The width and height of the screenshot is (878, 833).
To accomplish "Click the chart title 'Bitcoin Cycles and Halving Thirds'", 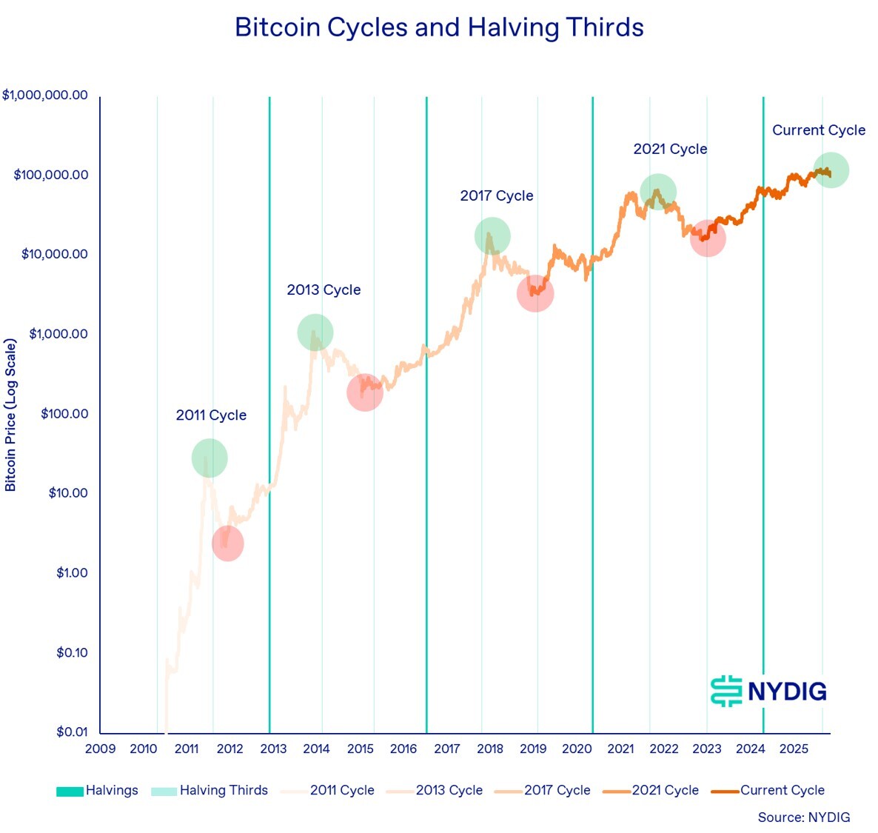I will [439, 28].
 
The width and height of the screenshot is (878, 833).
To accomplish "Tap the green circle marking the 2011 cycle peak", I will [210, 458].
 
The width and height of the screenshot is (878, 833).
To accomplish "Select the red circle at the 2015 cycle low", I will [364, 392].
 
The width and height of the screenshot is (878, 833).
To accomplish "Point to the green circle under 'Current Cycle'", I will [831, 170].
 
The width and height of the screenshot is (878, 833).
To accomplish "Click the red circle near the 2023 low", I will [708, 238].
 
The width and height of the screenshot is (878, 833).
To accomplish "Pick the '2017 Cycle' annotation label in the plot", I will [497, 196].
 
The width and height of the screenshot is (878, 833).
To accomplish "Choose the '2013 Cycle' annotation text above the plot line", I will [324, 290].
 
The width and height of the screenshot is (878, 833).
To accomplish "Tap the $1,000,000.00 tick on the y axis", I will [45, 96].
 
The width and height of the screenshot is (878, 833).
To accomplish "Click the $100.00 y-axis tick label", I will [64, 414].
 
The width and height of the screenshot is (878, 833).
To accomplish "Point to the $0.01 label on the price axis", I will [72, 732].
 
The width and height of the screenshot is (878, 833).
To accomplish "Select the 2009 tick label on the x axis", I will [100, 749].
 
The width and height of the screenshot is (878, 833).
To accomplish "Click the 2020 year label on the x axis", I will [577, 749].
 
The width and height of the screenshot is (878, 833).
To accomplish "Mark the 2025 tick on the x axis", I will [794, 749].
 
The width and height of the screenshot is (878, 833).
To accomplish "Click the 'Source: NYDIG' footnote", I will [803, 817].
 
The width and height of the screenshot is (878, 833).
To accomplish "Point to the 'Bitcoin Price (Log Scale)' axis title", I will [10, 415].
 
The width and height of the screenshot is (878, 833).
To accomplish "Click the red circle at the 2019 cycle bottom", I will [535, 293].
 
